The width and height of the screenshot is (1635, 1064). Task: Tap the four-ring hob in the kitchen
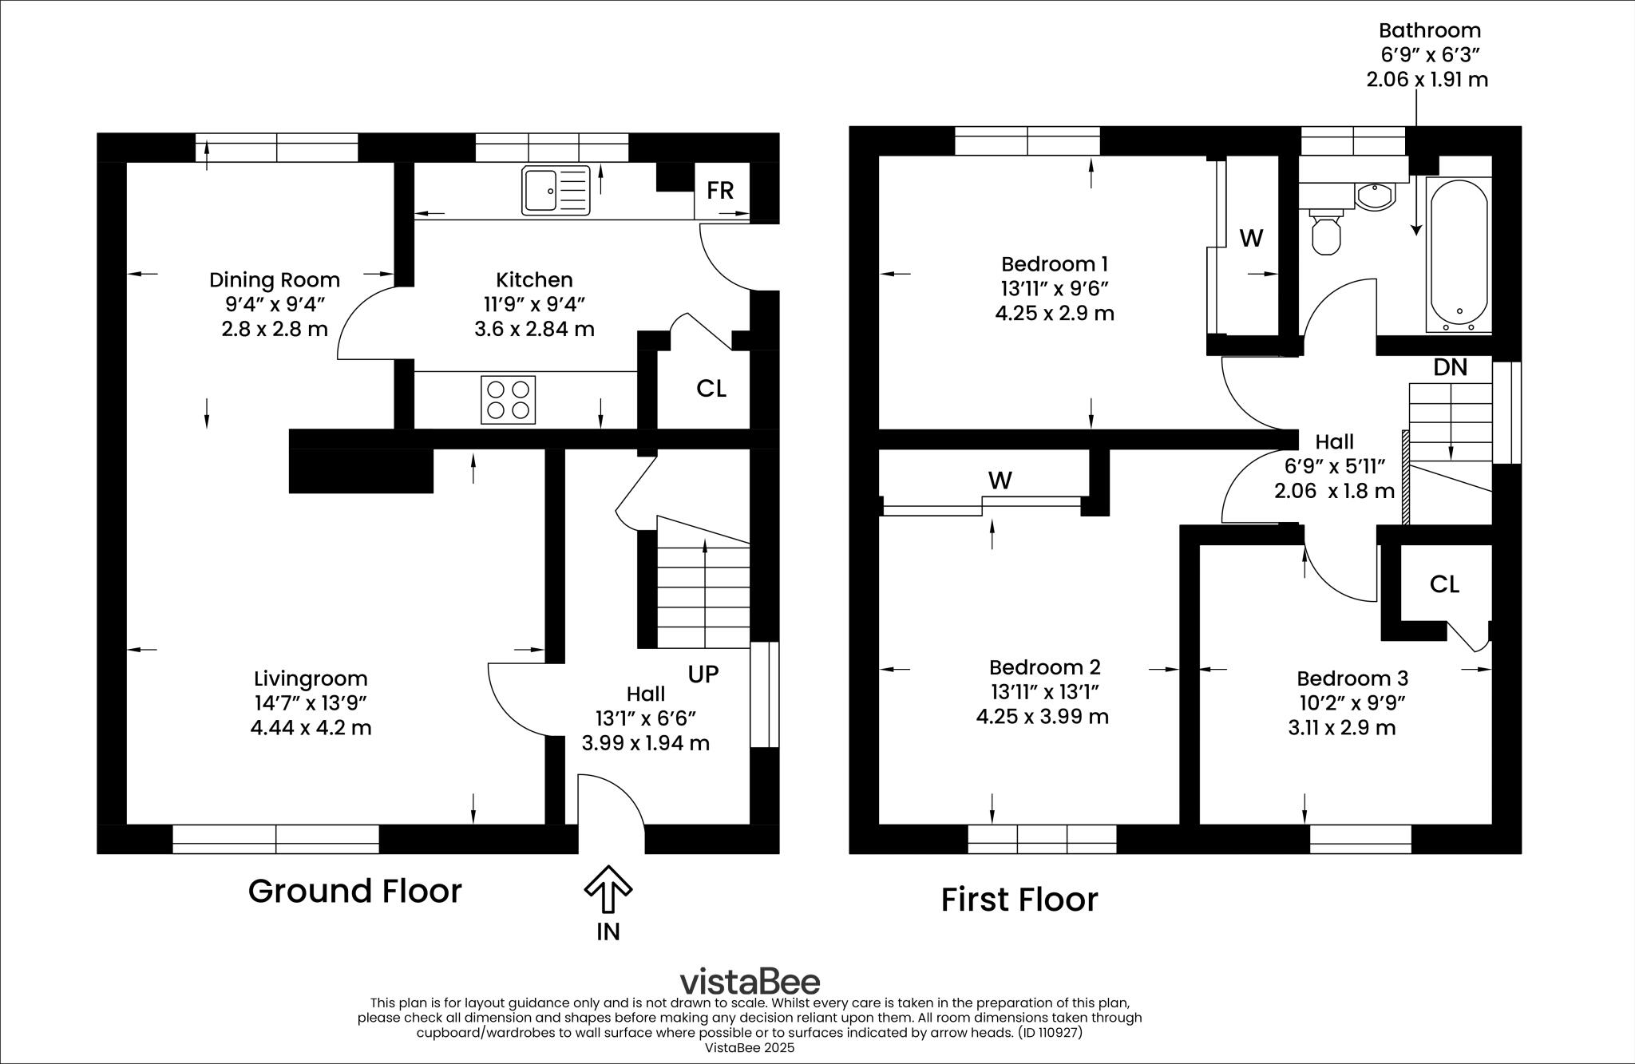click(508, 399)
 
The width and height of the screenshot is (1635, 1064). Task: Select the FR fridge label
click(720, 190)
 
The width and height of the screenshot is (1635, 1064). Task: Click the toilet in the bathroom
click(1326, 232)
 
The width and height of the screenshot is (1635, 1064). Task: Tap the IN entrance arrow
click(608, 889)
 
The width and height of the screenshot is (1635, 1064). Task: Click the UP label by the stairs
click(703, 674)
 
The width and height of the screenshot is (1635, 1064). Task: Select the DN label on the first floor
click(1450, 367)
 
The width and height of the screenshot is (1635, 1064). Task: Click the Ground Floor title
click(354, 891)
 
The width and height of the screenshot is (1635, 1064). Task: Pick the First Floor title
click(1019, 900)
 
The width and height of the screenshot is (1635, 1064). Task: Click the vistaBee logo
click(749, 981)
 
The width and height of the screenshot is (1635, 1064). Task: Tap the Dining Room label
click(275, 280)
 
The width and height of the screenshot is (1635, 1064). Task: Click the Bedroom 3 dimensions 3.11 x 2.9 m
click(1341, 728)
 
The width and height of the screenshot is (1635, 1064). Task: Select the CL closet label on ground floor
click(711, 389)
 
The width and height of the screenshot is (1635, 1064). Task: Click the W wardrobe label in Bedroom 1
click(1251, 238)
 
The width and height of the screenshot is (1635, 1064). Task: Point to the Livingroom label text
click(311, 678)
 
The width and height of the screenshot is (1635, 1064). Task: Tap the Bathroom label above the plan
click(1429, 31)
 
